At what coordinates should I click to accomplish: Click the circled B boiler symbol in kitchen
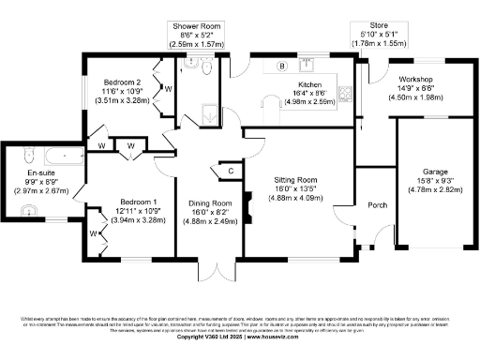pyautogui.click(x=281, y=66)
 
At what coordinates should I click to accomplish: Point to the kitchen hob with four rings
pyautogui.click(x=346, y=93)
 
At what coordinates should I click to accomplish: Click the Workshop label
pyautogui.click(x=418, y=80)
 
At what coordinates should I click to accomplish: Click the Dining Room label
pyautogui.click(x=210, y=203)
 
